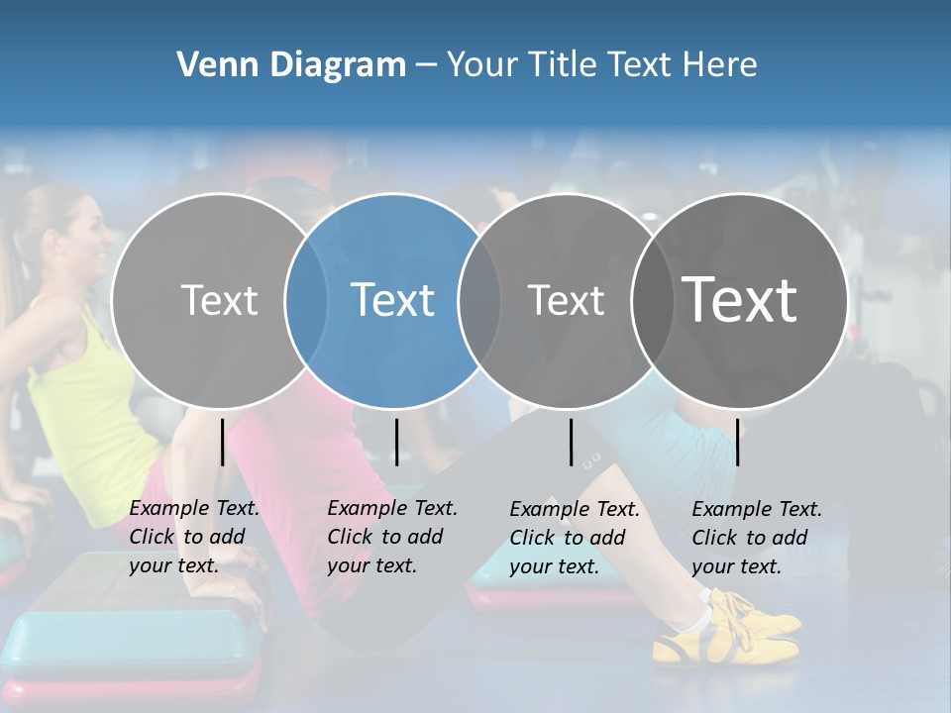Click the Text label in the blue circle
pos(392,300)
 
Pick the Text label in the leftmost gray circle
pos(219,300)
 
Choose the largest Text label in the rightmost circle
pos(740,300)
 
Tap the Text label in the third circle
pos(567,300)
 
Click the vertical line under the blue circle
pos(396,442)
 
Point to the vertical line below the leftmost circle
pos(223,442)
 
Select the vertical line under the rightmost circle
pos(738,442)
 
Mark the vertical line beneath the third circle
pos(572,442)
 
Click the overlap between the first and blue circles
pos(306,300)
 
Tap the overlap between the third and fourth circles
pos(652,300)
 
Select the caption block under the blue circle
pos(391,537)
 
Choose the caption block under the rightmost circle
pos(756,538)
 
